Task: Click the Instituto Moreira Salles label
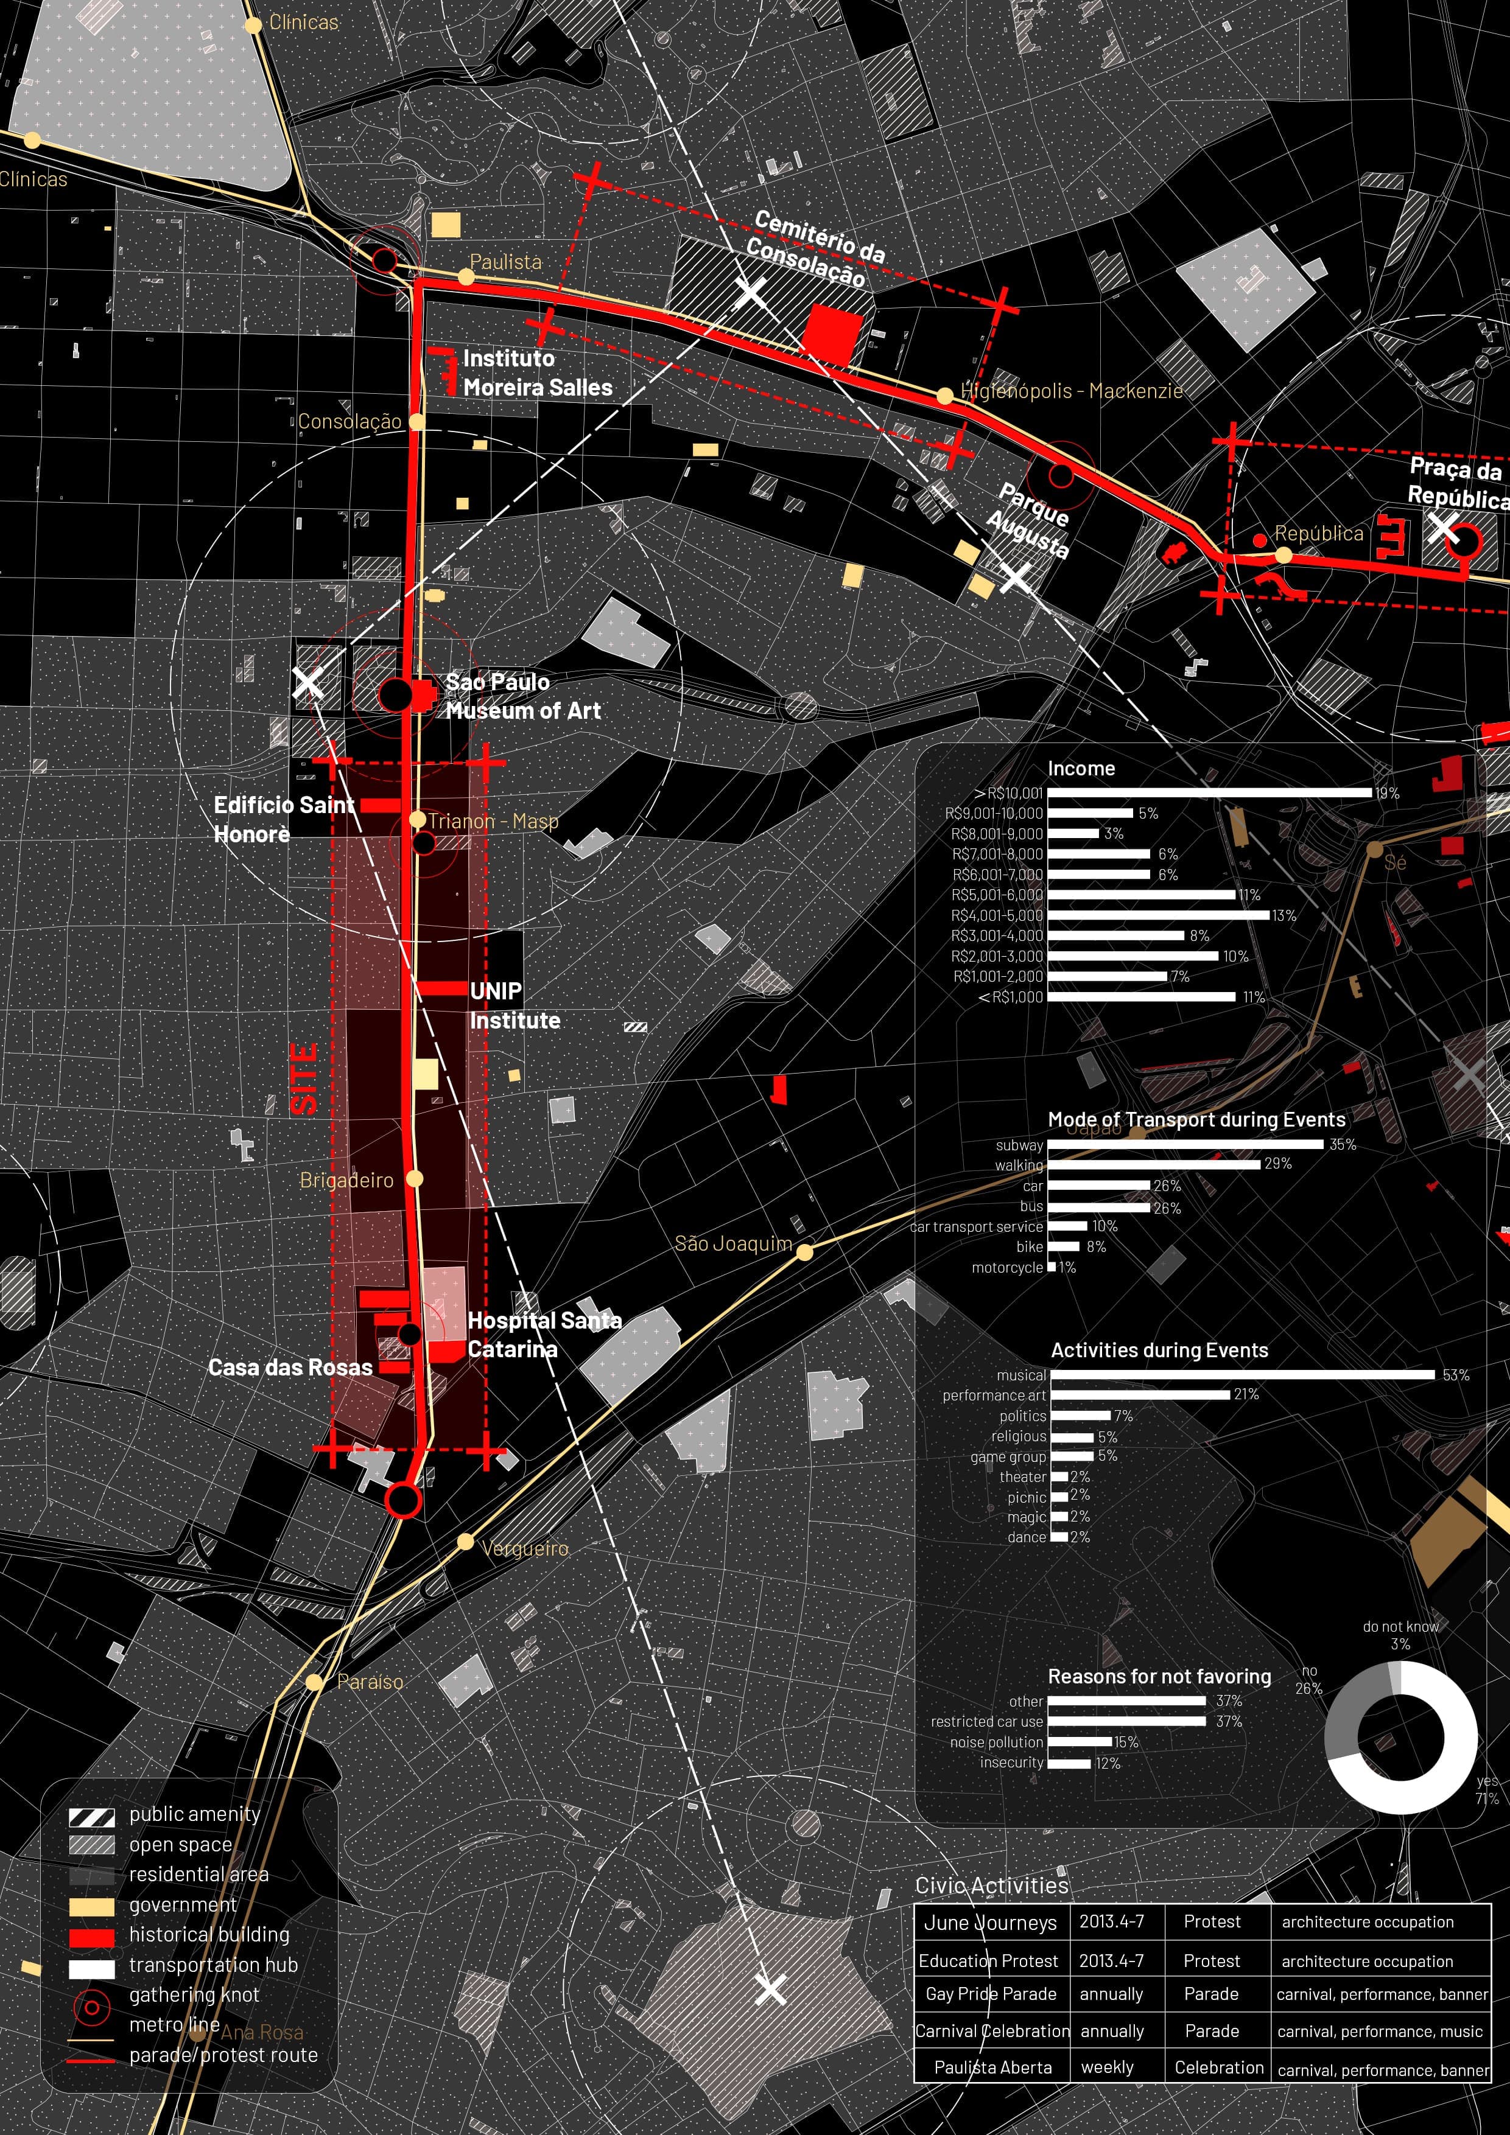click(x=537, y=373)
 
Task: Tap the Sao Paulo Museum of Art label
click(x=522, y=696)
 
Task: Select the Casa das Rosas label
click(x=290, y=1367)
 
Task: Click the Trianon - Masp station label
click(x=493, y=821)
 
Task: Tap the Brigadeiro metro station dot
click(x=415, y=1178)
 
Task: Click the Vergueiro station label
click(x=525, y=1548)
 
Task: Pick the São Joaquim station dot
click(x=805, y=1253)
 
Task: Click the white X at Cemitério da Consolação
click(x=750, y=292)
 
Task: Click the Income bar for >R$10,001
click(x=1209, y=793)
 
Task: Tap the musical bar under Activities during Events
click(x=1243, y=1374)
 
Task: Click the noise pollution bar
click(x=1080, y=1742)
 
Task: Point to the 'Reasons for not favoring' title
click(x=1159, y=1677)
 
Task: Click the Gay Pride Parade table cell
click(x=991, y=1994)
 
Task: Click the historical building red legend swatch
click(x=92, y=1938)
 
